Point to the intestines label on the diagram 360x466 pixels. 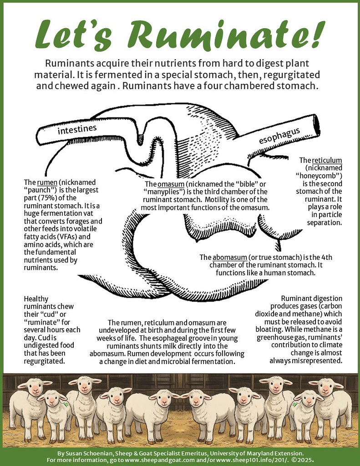click(x=77, y=130)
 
